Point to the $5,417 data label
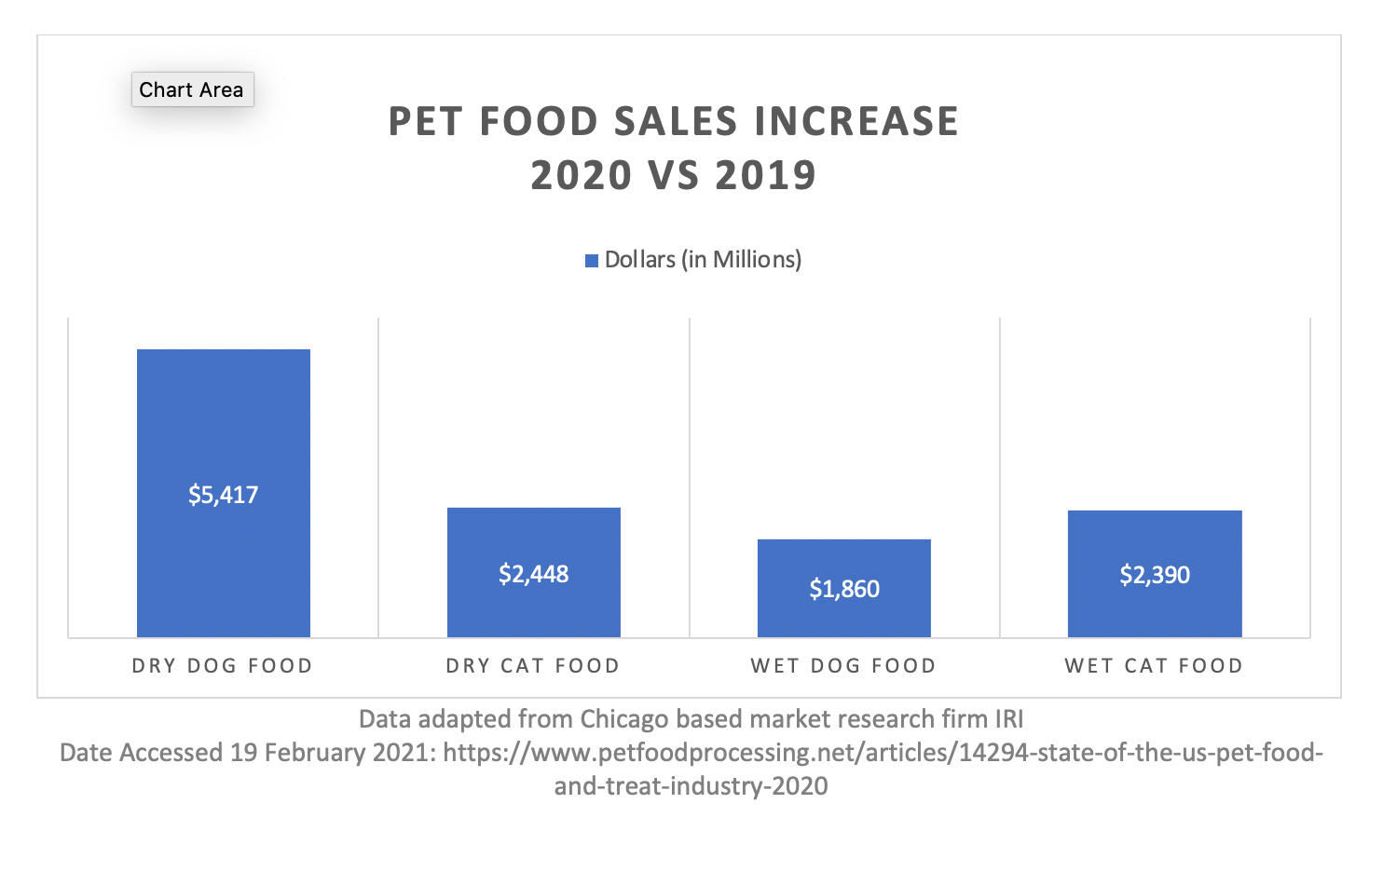[x=223, y=495]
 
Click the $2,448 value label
[x=533, y=574]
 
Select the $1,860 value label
[x=843, y=589]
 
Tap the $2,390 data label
[x=1155, y=575]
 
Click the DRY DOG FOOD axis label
[x=222, y=666]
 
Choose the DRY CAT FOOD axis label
[x=532, y=666]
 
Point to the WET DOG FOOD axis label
[x=843, y=666]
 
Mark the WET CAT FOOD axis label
[x=1154, y=666]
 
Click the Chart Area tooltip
[x=192, y=89]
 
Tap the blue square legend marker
[x=591, y=261]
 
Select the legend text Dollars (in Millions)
[x=703, y=260]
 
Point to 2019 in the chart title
[x=765, y=176]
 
